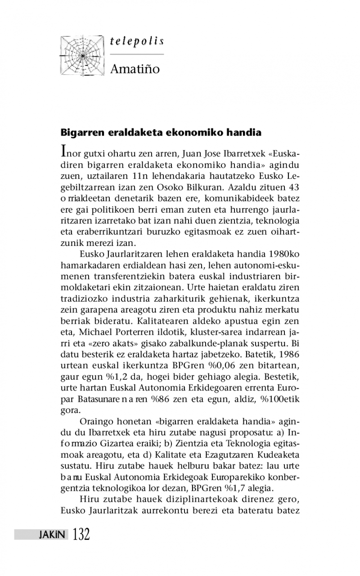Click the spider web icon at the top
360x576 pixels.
(82, 54)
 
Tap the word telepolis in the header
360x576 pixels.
(136, 42)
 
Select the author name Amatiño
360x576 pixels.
(135, 69)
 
